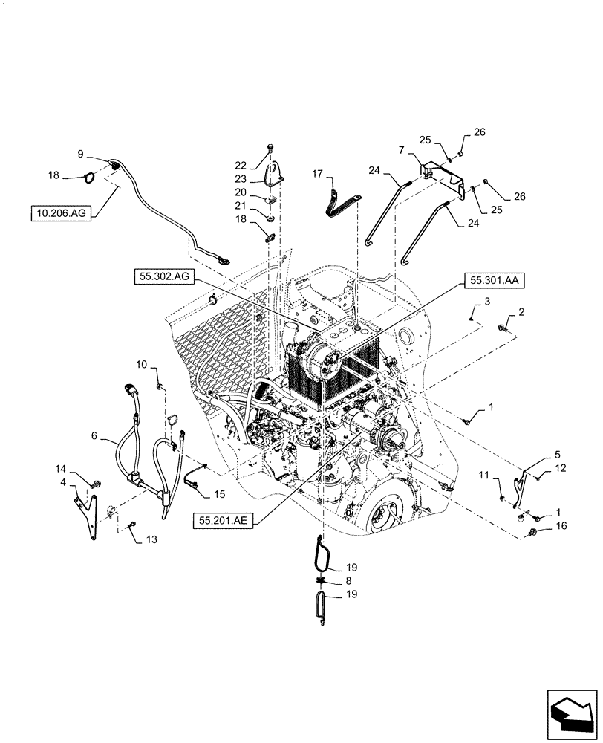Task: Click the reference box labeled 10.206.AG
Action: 60,213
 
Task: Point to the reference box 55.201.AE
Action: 225,522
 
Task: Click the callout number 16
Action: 562,525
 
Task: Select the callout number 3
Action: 487,302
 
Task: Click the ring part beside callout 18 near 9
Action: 88,178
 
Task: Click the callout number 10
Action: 142,364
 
